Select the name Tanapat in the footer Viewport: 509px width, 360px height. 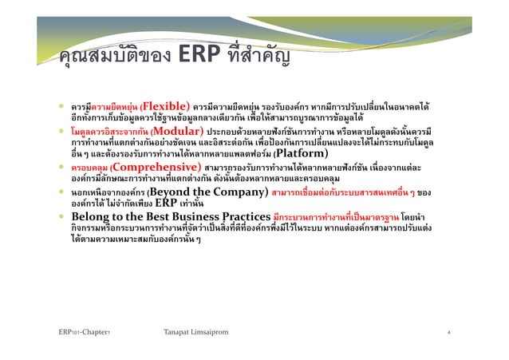pyautogui.click(x=179, y=331)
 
